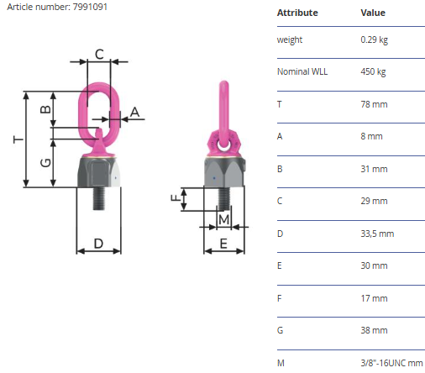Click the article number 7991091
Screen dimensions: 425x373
tap(90, 7)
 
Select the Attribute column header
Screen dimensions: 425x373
tap(297, 13)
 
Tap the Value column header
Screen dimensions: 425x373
tap(373, 13)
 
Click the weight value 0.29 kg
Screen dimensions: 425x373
tap(375, 40)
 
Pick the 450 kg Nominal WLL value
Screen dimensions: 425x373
tap(373, 72)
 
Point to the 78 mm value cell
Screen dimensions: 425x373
tap(374, 104)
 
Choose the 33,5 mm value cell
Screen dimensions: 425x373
tap(377, 234)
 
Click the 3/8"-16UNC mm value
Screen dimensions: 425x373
tap(391, 363)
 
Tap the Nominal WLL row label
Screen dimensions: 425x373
tap(302, 71)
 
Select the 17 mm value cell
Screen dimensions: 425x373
tap(374, 298)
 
